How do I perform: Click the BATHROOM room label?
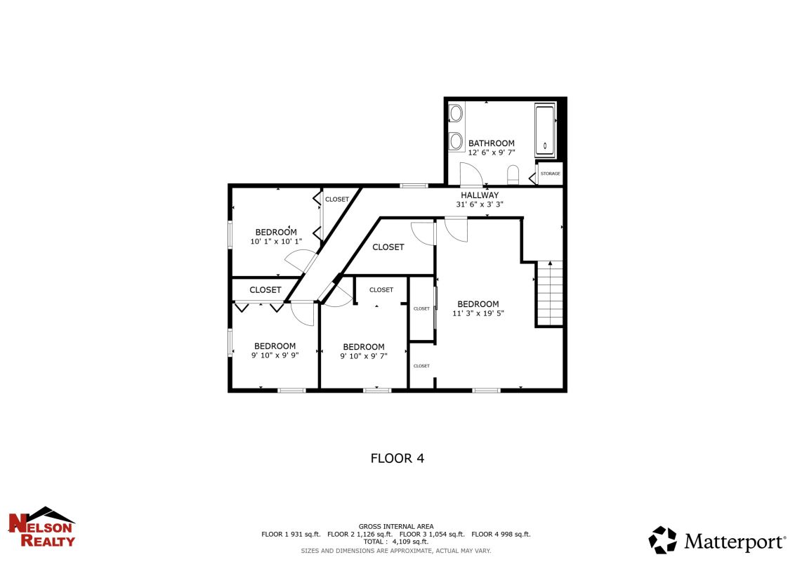point(492,143)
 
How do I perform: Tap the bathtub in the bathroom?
point(545,131)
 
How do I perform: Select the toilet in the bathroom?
point(513,174)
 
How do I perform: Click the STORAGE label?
point(550,174)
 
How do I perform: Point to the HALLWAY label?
point(480,195)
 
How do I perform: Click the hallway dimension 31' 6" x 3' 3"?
point(480,204)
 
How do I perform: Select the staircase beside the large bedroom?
point(550,293)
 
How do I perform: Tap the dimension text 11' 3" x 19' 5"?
point(478,313)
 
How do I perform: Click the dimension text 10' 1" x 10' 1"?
point(276,242)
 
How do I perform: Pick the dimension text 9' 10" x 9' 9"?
point(275,355)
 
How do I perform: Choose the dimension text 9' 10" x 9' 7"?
point(364,356)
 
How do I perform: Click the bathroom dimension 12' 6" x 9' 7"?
point(492,152)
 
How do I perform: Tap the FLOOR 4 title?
point(397,458)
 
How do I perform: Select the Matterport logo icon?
point(663,540)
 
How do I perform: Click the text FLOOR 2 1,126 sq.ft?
point(360,534)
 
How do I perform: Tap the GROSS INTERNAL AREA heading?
point(396,526)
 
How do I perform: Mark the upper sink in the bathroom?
point(456,114)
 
